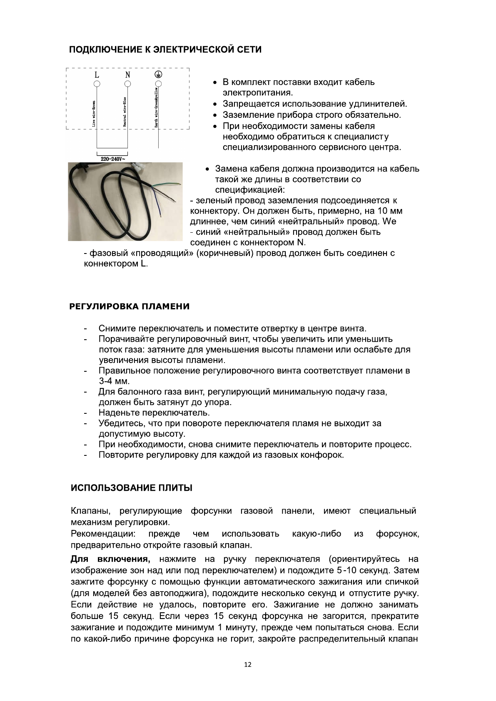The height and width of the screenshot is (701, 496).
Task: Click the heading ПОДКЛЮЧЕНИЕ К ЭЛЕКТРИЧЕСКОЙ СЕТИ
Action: (165, 50)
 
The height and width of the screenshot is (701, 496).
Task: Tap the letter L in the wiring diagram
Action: (97, 75)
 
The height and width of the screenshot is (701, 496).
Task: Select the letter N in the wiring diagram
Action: (128, 75)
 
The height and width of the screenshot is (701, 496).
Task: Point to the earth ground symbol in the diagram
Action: (158, 75)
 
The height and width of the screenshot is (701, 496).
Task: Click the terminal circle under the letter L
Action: (97, 84)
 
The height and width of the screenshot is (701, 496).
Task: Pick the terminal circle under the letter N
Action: (128, 84)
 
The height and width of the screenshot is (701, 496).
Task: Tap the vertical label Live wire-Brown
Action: (94, 113)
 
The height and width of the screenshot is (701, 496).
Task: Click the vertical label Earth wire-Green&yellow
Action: (156, 107)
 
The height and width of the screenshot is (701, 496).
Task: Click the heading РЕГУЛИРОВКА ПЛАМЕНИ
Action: (129, 307)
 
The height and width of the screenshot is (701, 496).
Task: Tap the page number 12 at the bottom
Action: (248, 665)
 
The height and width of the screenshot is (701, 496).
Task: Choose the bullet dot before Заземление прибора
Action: (215, 115)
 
